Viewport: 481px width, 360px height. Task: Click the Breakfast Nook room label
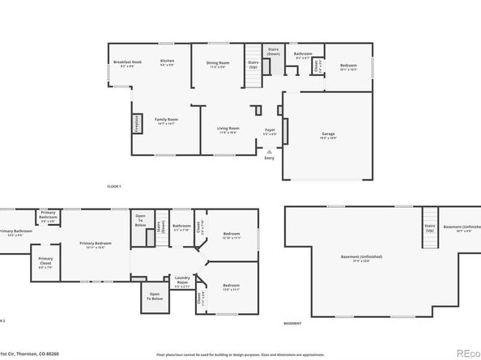(127, 63)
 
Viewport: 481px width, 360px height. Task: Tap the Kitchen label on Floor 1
(167, 62)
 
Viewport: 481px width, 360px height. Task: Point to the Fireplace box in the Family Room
(136, 124)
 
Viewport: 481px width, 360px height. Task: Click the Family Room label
(166, 121)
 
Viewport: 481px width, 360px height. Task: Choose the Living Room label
(228, 129)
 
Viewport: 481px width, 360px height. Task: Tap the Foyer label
(270, 130)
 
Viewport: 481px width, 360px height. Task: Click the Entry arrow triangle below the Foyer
(269, 150)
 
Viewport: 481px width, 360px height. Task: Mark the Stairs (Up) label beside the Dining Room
(253, 65)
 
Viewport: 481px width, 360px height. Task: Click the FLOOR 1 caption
(114, 187)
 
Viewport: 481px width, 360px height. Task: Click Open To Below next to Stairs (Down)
(140, 221)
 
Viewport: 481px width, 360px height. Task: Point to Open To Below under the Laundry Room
(154, 297)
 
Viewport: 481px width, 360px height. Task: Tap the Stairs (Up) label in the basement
(428, 229)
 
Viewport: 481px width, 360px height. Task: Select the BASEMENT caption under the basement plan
(293, 323)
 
